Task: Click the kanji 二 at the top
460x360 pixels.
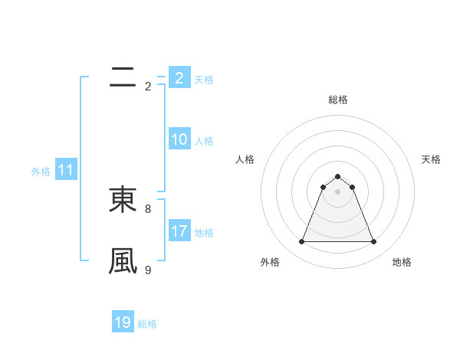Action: (x=123, y=77)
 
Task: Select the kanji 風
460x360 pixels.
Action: (x=123, y=260)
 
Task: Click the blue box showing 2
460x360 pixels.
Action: (x=179, y=77)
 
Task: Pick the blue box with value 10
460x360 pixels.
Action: (x=179, y=139)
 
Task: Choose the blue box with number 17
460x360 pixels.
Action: (x=179, y=231)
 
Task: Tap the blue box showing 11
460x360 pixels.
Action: (x=66, y=171)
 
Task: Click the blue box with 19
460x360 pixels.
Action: (x=123, y=322)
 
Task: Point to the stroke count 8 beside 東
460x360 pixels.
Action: (x=147, y=208)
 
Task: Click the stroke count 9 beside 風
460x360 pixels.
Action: (x=147, y=270)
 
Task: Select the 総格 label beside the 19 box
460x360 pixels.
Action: (x=147, y=324)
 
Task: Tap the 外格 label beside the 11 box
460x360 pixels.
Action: (x=41, y=172)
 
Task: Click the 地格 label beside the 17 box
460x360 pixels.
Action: (x=204, y=233)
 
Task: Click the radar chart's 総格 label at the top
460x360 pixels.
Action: (x=338, y=100)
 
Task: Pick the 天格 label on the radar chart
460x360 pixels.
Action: (x=432, y=159)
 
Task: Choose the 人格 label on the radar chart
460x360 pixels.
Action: (x=245, y=159)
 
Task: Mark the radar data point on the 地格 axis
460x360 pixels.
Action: (x=374, y=242)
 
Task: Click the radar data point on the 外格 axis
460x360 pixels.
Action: (x=302, y=242)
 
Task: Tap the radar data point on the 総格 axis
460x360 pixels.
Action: (x=338, y=175)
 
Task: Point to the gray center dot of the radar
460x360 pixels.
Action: (x=338, y=191)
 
